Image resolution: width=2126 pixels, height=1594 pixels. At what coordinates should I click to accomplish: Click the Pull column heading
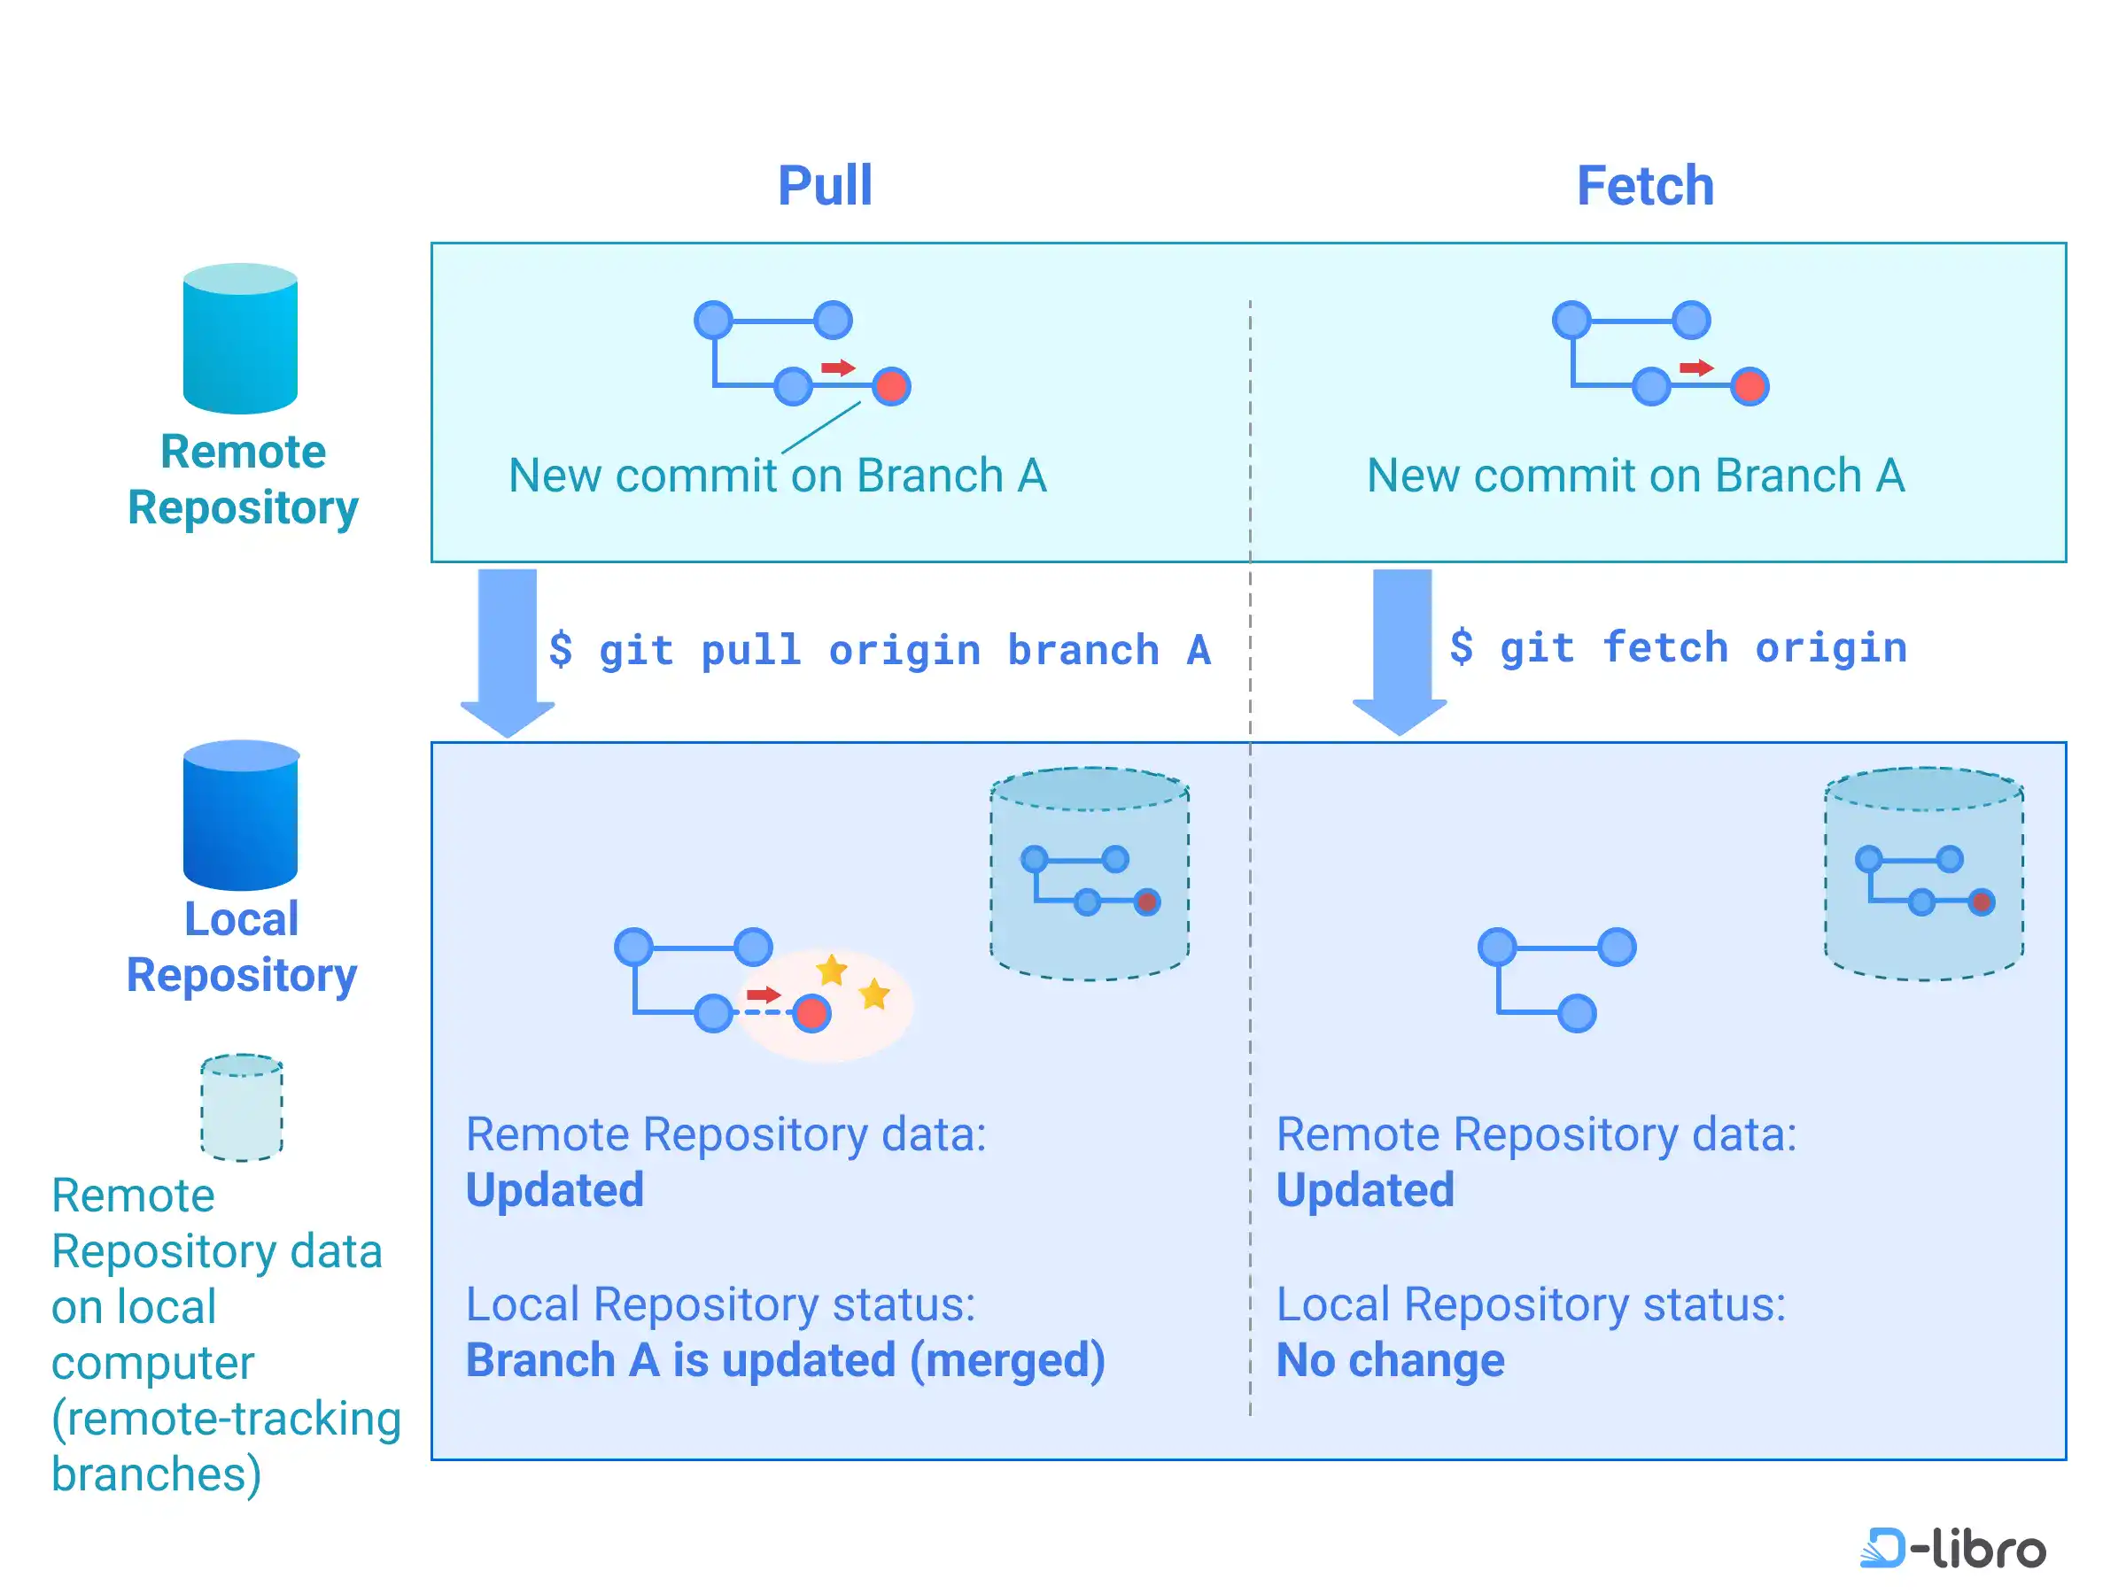pyautogui.click(x=825, y=185)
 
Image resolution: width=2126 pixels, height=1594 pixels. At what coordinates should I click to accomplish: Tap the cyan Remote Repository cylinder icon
pyautogui.click(x=240, y=338)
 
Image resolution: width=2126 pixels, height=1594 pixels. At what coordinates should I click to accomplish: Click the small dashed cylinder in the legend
pyautogui.click(x=241, y=1107)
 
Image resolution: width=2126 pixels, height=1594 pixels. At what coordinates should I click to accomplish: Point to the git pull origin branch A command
pyautogui.click(x=880, y=651)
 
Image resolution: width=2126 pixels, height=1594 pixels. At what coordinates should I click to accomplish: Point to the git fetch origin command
pyautogui.click(x=1678, y=647)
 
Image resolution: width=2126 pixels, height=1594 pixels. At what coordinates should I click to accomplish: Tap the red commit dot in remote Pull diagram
pyautogui.click(x=891, y=386)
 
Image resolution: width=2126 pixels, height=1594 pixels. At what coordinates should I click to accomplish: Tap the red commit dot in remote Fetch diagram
pyautogui.click(x=1750, y=386)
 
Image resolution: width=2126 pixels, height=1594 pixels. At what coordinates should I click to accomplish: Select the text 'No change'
pyautogui.click(x=1390, y=1359)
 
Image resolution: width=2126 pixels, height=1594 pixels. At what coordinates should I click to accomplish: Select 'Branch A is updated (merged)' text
pyautogui.click(x=785, y=1359)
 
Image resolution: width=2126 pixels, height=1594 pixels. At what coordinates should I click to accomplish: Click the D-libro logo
pyautogui.click(x=1952, y=1548)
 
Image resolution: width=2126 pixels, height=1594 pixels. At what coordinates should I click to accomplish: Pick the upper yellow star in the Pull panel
pyautogui.click(x=832, y=971)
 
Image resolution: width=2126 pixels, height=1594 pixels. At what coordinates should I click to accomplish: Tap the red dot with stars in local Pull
pyautogui.click(x=812, y=1014)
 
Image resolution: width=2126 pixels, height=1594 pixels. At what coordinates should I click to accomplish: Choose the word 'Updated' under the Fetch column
pyautogui.click(x=1365, y=1189)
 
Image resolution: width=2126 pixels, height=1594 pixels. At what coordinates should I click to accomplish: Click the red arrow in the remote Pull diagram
pyautogui.click(x=837, y=368)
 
